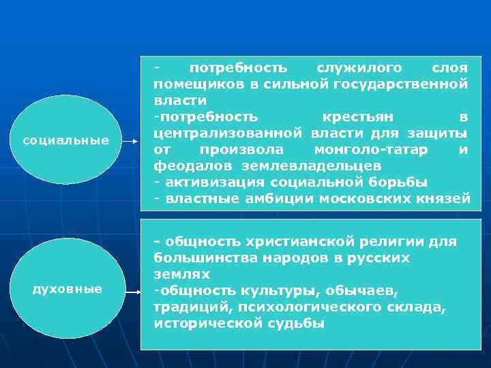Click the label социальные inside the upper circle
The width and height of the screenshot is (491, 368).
click(x=66, y=140)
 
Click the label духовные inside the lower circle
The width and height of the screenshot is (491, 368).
click(x=68, y=289)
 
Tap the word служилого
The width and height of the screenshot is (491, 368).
click(x=359, y=68)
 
